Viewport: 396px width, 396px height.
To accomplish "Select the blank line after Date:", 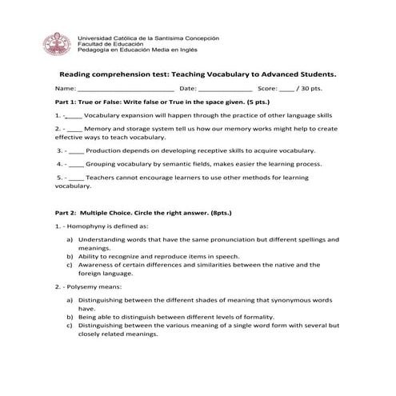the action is coord(224,89).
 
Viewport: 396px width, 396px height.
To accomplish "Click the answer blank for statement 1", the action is coord(73,116).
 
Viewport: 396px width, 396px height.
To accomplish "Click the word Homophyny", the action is coord(87,226).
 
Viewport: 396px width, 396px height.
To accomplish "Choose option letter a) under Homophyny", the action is coord(70,239).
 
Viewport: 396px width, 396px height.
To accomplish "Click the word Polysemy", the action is coord(83,286).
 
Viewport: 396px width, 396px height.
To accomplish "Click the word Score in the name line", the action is coord(267,89).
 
